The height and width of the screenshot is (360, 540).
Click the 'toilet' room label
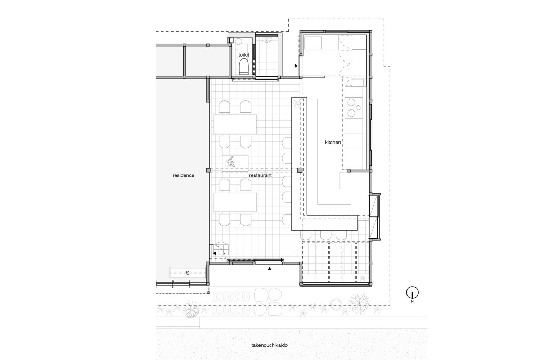click(x=244, y=55)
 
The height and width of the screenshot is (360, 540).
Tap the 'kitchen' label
click(x=333, y=142)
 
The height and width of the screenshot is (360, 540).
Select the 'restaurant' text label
click(x=260, y=175)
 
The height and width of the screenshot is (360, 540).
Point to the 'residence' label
click(x=183, y=175)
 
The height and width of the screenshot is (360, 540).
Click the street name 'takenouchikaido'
click(x=269, y=345)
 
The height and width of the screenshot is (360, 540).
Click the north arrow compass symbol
click(x=412, y=293)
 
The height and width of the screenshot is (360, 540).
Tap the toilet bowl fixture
click(x=244, y=66)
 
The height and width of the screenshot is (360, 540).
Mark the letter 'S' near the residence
click(x=188, y=273)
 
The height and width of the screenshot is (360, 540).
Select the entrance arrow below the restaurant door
click(x=270, y=268)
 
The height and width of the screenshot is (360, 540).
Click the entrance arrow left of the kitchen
click(x=296, y=66)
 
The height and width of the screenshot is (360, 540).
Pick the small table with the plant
click(x=235, y=163)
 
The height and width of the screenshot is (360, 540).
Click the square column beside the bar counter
click(x=300, y=171)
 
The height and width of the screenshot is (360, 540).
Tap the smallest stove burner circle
click(x=358, y=108)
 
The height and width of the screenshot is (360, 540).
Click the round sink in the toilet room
click(x=238, y=41)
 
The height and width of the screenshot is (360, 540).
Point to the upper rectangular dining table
click(x=235, y=124)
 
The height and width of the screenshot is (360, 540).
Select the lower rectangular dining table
click(x=235, y=202)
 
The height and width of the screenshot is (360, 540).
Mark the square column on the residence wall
click(x=208, y=171)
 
